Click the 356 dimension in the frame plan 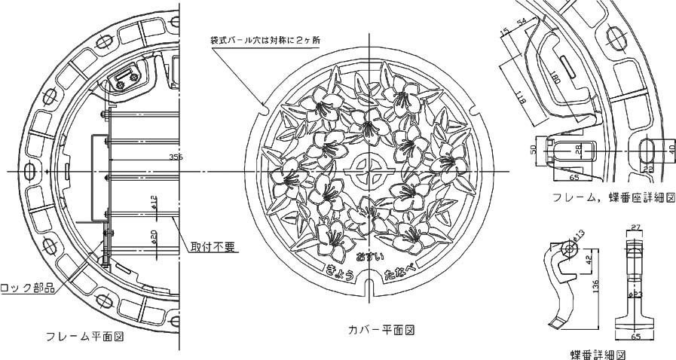click(x=176, y=157)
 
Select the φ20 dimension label click(x=154, y=237)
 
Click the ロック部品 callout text click(x=27, y=287)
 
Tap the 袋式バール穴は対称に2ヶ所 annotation click(x=264, y=38)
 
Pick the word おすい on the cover click(x=369, y=258)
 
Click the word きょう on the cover click(x=340, y=270)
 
